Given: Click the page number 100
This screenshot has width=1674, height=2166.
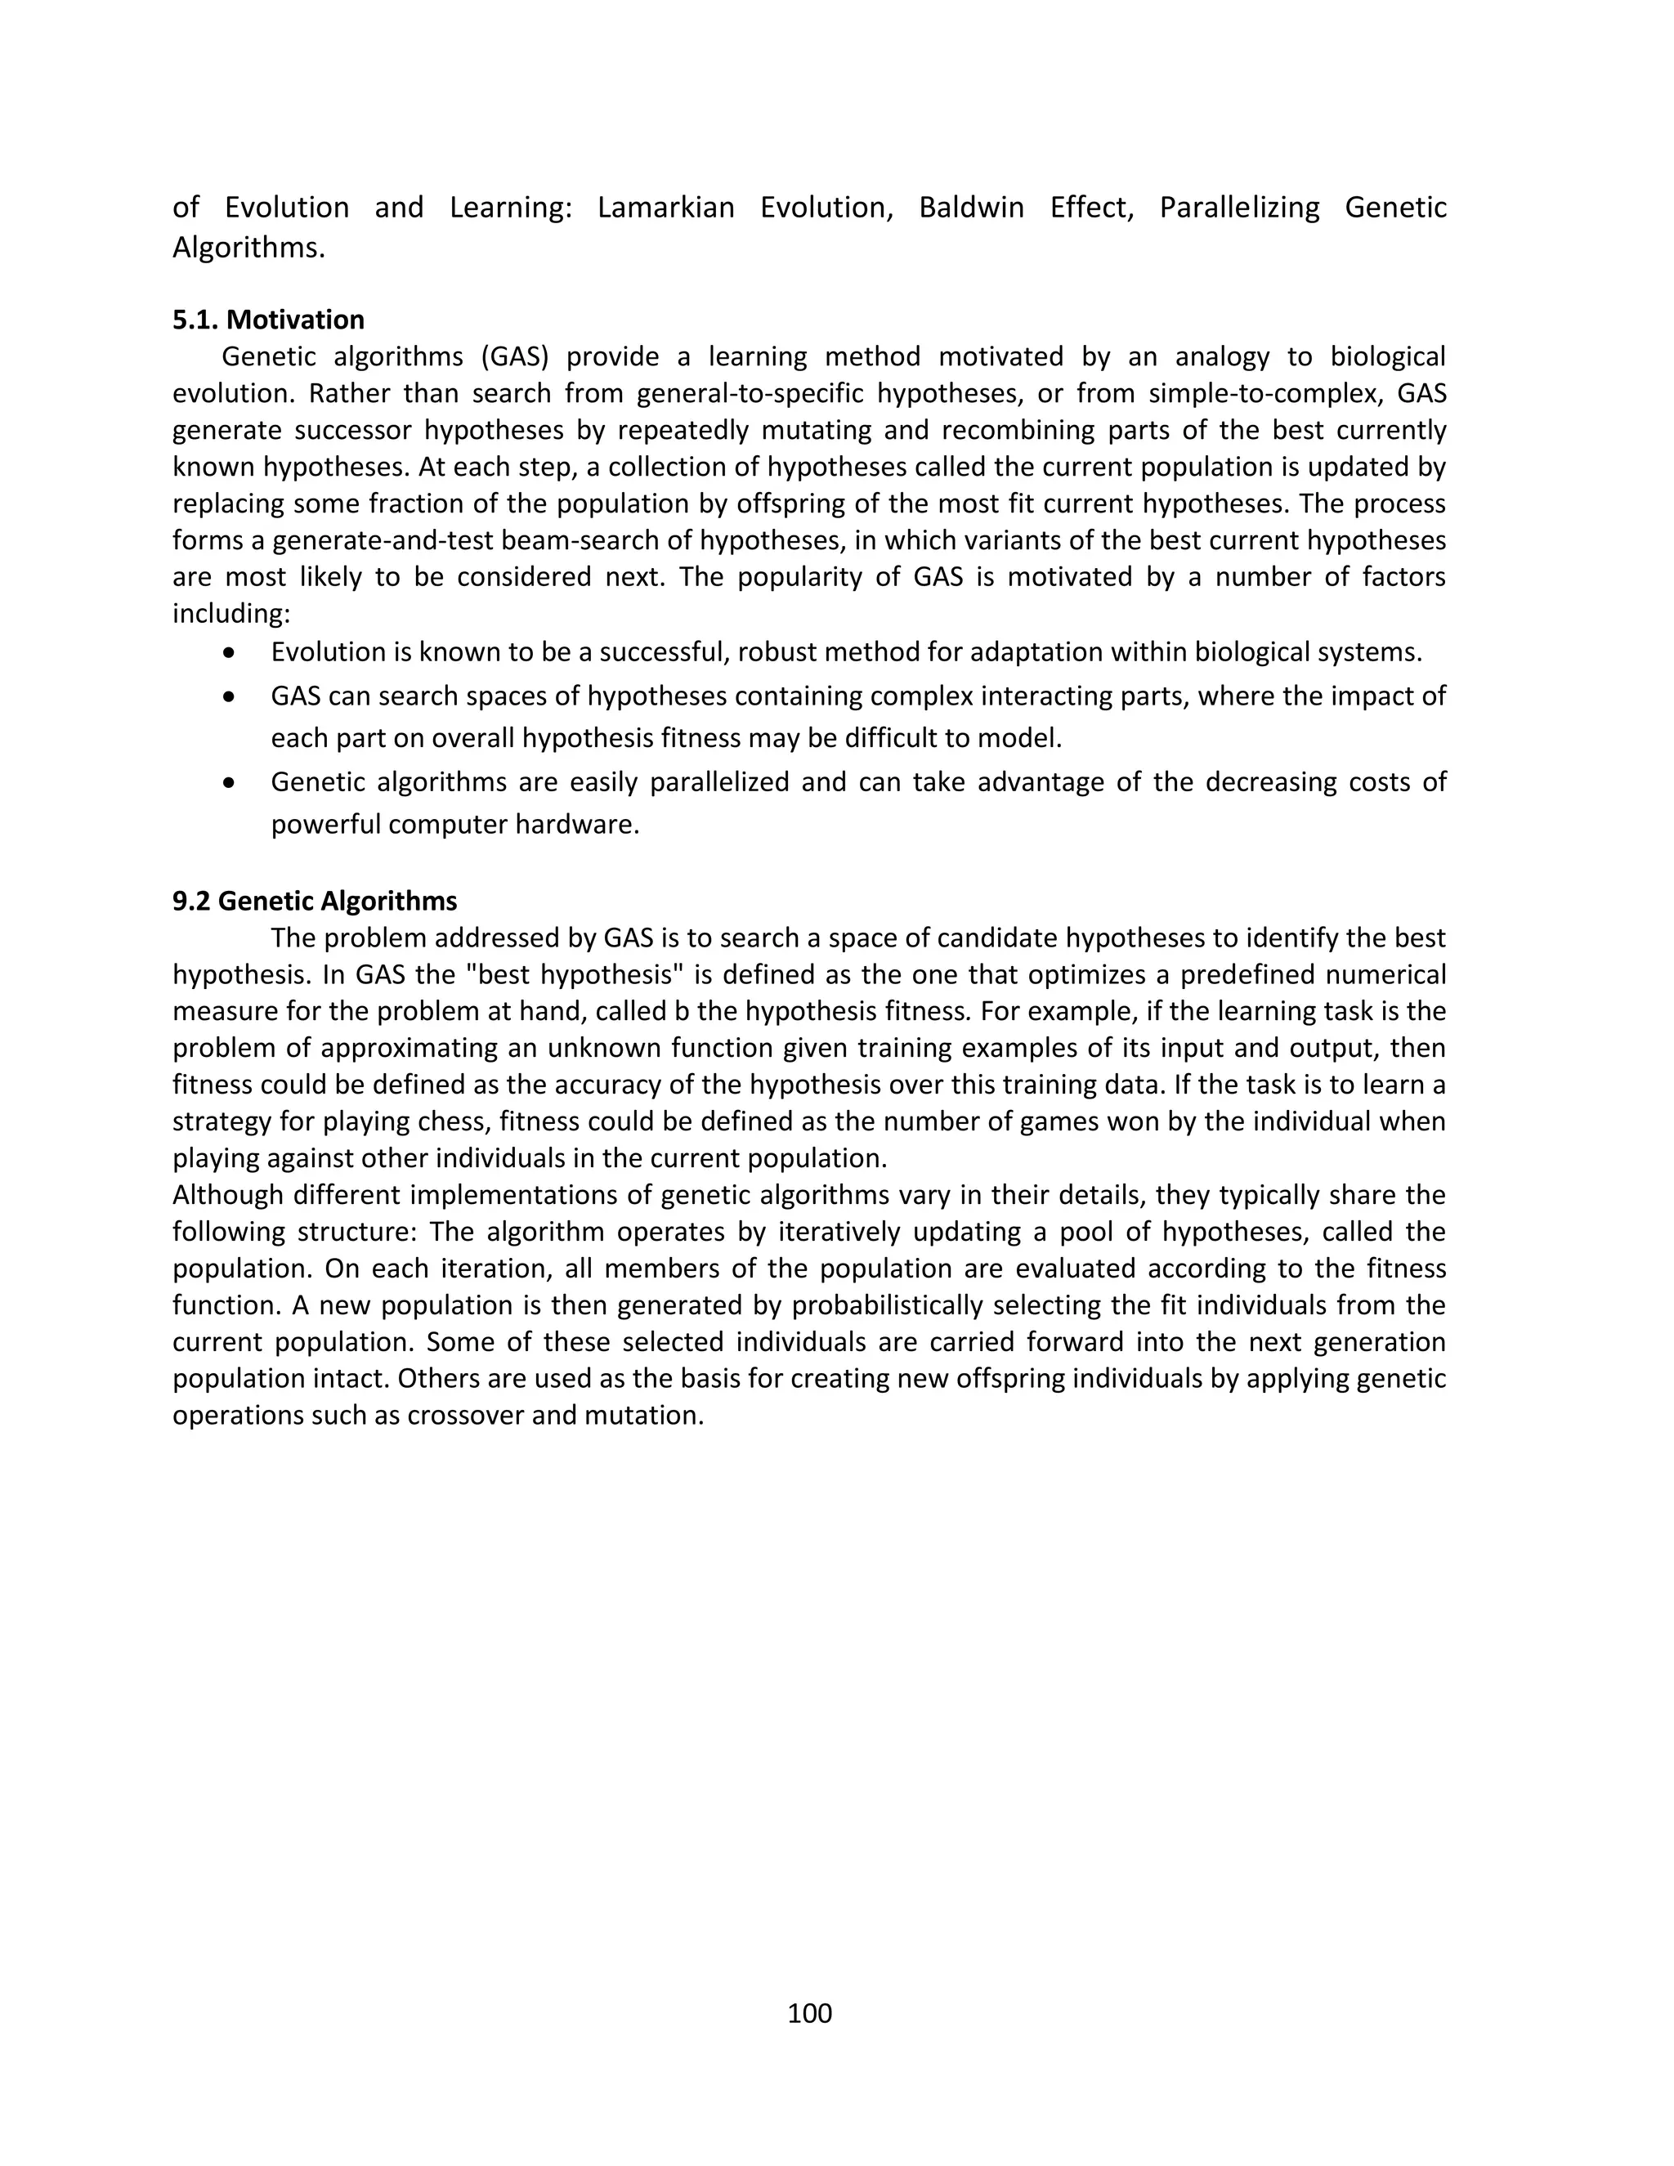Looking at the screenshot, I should click(x=809, y=2012).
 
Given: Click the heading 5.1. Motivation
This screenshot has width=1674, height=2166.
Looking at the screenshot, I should click(x=268, y=320).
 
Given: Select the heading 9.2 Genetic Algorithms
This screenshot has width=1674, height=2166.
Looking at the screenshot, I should click(x=315, y=901).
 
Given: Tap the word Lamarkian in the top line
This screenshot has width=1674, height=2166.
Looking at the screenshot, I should click(x=665, y=208).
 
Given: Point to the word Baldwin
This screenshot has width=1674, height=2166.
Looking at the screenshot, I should click(x=971, y=208).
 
